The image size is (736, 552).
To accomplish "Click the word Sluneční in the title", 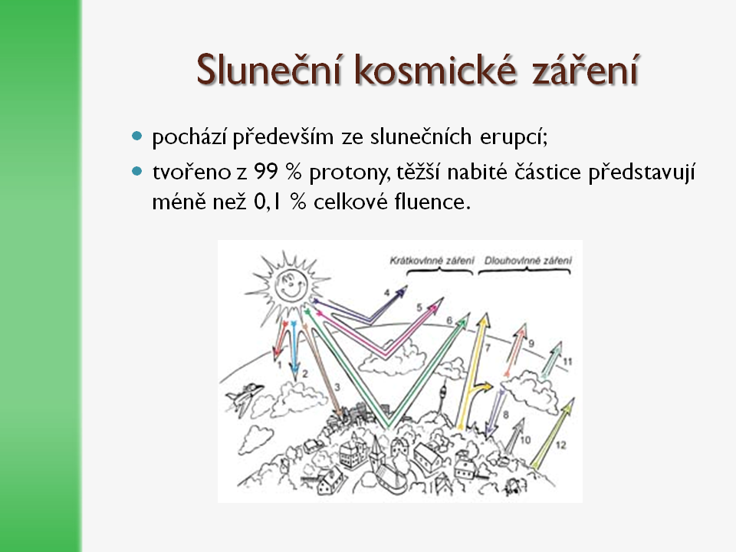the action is [268, 70].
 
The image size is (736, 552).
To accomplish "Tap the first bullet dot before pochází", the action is [137, 136].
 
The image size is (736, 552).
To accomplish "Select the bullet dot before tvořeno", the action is [137, 171].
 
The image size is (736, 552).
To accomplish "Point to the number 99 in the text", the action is [266, 172].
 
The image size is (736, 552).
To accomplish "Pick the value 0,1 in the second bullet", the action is [268, 202].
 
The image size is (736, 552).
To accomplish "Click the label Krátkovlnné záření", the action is [432, 261].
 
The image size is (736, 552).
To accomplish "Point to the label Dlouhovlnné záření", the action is [528, 261].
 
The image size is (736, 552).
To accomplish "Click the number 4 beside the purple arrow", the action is [386, 293].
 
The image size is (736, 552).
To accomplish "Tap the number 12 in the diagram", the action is [561, 445].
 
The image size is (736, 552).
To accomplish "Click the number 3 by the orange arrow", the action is [337, 387].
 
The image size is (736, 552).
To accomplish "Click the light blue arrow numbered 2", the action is [294, 350].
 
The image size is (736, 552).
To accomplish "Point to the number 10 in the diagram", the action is [525, 440].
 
